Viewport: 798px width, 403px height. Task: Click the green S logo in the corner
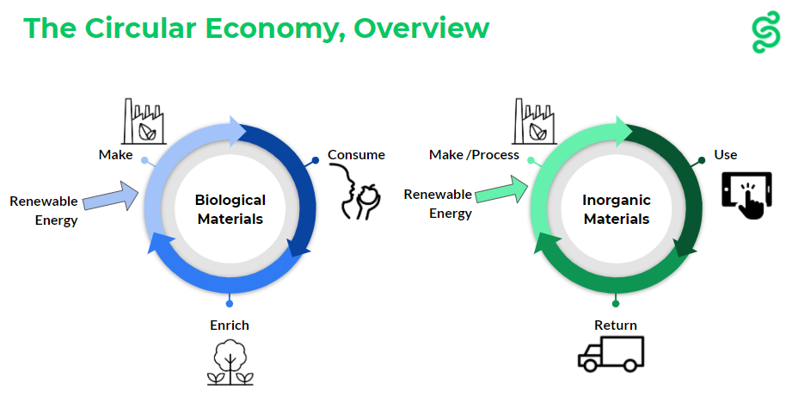click(764, 33)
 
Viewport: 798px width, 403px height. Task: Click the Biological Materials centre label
click(231, 209)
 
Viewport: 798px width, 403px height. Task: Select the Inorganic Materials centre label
click(617, 209)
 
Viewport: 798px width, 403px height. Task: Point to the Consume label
click(356, 155)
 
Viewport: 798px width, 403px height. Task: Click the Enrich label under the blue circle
click(230, 325)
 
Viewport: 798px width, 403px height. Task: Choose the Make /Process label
click(475, 155)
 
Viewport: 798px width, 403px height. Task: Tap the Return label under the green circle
click(616, 325)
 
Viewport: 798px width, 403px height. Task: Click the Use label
click(725, 155)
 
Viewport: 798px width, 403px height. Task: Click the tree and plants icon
click(230, 362)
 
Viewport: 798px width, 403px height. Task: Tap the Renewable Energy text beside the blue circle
click(44, 210)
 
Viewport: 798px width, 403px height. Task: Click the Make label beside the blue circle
click(115, 155)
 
